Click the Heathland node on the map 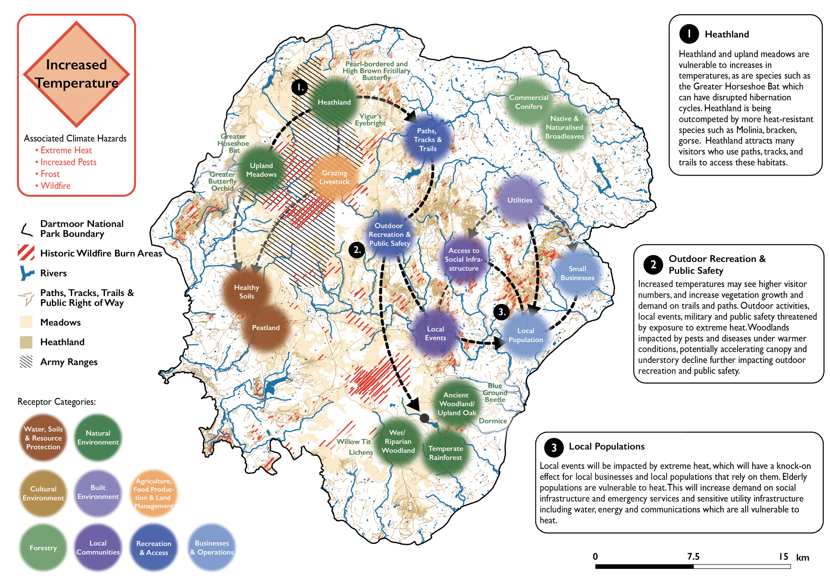pos(334,102)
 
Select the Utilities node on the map pos(520,200)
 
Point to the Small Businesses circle pos(577,273)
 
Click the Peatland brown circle pos(266,328)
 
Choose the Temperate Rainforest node pos(445,453)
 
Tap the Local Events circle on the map pos(435,334)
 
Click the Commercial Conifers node pos(529,102)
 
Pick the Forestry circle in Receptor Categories pos(43,548)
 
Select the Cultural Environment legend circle pos(43,493)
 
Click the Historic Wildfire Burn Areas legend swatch pos(26,253)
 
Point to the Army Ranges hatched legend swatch pos(26,362)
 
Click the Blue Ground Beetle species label pos(495,392)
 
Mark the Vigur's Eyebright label pos(370,120)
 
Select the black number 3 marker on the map pos(502,312)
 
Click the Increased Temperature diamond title pos(77,74)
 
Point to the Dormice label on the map pos(493,421)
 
